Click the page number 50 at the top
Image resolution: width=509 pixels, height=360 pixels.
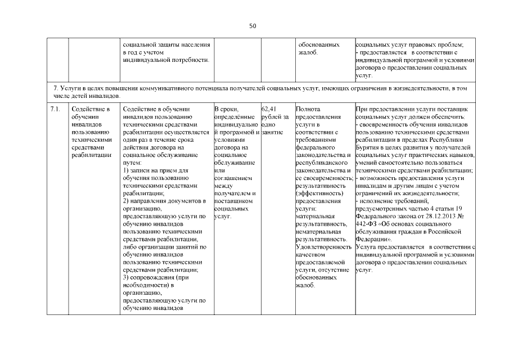click(253, 26)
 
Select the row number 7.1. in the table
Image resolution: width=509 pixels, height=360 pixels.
click(55, 109)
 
